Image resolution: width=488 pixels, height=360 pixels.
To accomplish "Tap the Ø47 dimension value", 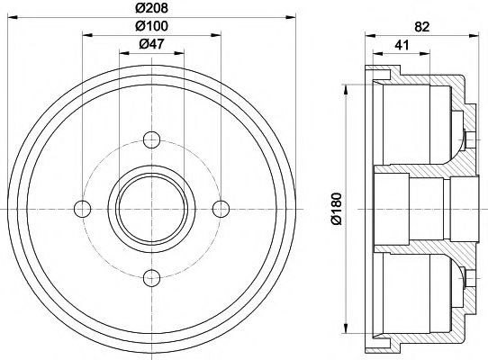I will pyautogui.click(x=151, y=45).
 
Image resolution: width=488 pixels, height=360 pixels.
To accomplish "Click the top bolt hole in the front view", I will pyautogui.click(x=151, y=140).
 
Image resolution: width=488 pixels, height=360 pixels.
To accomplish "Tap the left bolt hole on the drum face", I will pyautogui.click(x=84, y=208).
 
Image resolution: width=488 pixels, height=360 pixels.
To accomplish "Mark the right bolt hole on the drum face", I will pyautogui.click(x=218, y=208).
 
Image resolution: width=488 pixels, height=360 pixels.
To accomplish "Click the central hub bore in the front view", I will pyautogui.click(x=151, y=208).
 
